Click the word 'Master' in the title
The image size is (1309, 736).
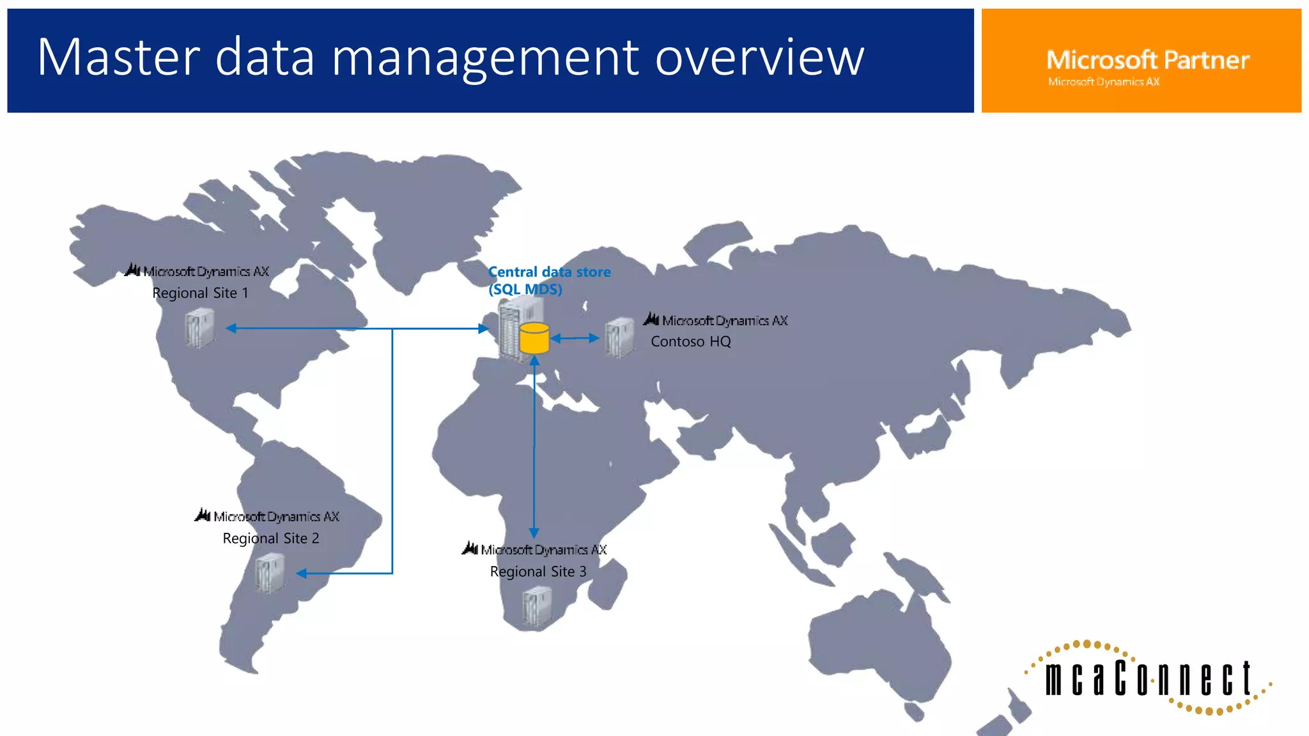tap(119, 57)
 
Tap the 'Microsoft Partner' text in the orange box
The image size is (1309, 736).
tap(1147, 60)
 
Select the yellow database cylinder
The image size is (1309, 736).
tap(534, 339)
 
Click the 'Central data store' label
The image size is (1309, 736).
tap(549, 272)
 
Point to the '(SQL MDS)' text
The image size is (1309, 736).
tap(525, 289)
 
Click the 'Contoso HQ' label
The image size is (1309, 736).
tap(690, 342)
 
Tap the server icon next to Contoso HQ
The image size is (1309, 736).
tap(619, 337)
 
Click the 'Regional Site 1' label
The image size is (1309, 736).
tap(200, 293)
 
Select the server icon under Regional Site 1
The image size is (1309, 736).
tap(199, 328)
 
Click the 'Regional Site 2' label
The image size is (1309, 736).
tap(270, 539)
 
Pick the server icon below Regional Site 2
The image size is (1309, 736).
tap(270, 573)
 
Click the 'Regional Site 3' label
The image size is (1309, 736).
tap(538, 572)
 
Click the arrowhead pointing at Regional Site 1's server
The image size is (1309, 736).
tap(231, 328)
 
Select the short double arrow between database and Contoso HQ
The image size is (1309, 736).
tap(575, 339)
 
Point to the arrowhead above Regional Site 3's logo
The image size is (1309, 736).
tap(534, 533)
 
